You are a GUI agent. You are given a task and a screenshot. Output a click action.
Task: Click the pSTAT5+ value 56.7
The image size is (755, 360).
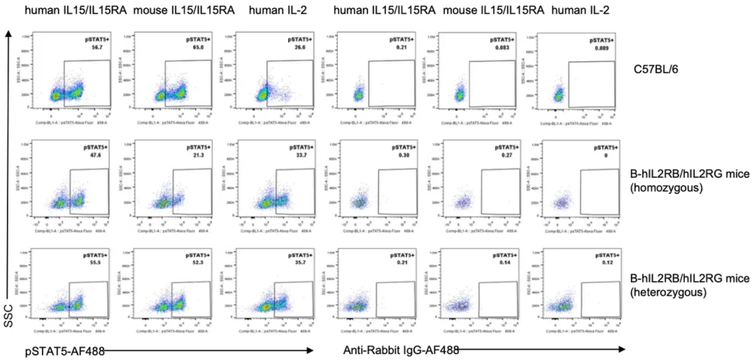pyautogui.click(x=97, y=47)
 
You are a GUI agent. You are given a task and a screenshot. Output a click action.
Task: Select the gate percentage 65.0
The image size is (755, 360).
pyautogui.click(x=198, y=47)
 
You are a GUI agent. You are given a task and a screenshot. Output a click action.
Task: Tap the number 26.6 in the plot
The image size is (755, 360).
pyautogui.click(x=300, y=47)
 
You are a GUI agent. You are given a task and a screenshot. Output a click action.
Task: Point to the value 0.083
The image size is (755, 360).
pyautogui.click(x=502, y=47)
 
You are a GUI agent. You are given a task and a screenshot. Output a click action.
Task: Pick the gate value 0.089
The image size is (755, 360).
pyautogui.click(x=602, y=48)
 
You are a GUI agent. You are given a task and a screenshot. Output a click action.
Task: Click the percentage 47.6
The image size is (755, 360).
pyautogui.click(x=95, y=155)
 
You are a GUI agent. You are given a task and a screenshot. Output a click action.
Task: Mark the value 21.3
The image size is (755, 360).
pyautogui.click(x=199, y=155)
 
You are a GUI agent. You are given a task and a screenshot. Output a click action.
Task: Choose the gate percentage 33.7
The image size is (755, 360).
pyautogui.click(x=301, y=155)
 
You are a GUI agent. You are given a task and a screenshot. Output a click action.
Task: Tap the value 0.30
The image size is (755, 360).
pyautogui.click(x=404, y=155)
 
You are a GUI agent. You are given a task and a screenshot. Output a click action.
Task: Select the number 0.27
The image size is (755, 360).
pyautogui.click(x=507, y=155)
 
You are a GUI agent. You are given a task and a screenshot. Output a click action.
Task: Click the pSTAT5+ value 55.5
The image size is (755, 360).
pyautogui.click(x=95, y=262)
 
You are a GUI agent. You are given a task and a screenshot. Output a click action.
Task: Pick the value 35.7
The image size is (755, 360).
pyautogui.click(x=300, y=262)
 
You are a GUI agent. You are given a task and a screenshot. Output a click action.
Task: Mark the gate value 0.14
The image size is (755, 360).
pyautogui.click(x=505, y=262)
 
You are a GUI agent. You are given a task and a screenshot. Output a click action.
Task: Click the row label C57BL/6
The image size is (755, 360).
pyautogui.click(x=656, y=69)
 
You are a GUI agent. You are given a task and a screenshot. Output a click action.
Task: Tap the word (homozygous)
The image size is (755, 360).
pyautogui.click(x=666, y=188)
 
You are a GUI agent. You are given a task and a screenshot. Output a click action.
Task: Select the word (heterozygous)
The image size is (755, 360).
pyautogui.click(x=668, y=292)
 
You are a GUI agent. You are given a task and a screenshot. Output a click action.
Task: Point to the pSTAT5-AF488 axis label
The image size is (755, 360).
pyautogui.click(x=65, y=351)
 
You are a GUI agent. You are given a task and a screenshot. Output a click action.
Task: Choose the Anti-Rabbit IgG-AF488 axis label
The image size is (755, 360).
pyautogui.click(x=401, y=350)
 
